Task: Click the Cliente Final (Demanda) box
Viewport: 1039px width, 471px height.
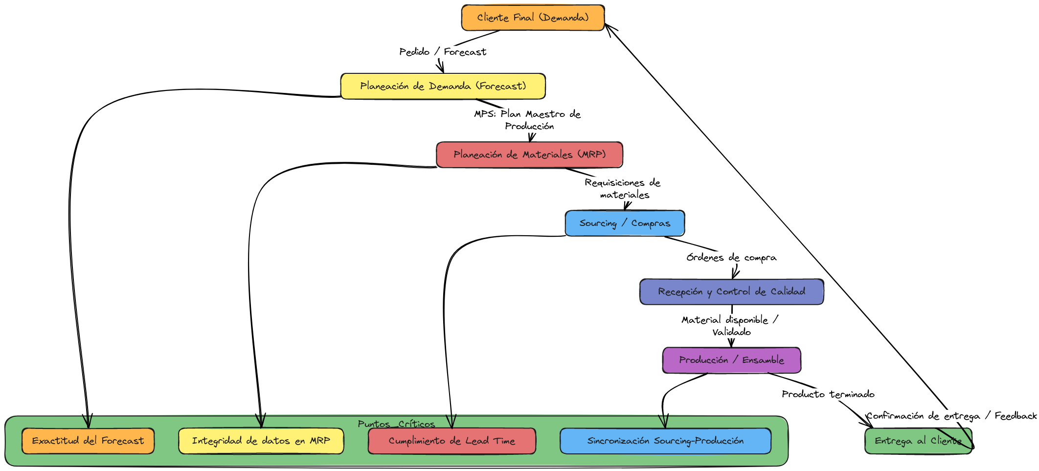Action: pyautogui.click(x=533, y=18)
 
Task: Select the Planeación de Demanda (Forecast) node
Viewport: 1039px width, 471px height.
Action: pyautogui.click(x=443, y=86)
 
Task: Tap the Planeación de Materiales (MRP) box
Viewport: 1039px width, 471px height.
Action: pyautogui.click(x=529, y=155)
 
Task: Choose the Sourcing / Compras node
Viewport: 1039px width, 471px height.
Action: pyautogui.click(x=625, y=223)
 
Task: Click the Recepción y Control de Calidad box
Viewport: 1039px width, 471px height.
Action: pyautogui.click(x=731, y=292)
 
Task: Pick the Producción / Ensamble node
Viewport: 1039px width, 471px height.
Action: pyautogui.click(x=731, y=360)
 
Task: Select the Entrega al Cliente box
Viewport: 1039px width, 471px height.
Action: pyautogui.click(x=918, y=441)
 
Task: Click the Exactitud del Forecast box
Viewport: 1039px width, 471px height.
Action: pyautogui.click(x=88, y=441)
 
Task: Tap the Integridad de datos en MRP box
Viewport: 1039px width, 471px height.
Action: pyautogui.click(x=261, y=441)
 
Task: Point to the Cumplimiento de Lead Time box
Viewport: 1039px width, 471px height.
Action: pyautogui.click(x=452, y=441)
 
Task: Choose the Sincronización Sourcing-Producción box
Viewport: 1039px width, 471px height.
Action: pyautogui.click(x=665, y=441)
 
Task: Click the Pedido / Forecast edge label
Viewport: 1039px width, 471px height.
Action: pyautogui.click(x=443, y=52)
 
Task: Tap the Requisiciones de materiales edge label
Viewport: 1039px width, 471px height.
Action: pyautogui.click(x=623, y=188)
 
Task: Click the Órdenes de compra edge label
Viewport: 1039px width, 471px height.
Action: pyautogui.click(x=731, y=257)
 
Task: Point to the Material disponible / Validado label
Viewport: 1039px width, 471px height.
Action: pyautogui.click(x=730, y=326)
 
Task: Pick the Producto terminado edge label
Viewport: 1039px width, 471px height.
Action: pyautogui.click(x=828, y=394)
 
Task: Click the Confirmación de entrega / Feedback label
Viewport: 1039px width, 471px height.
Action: pyautogui.click(x=951, y=416)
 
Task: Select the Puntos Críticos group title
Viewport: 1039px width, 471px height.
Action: pyautogui.click(x=396, y=424)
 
